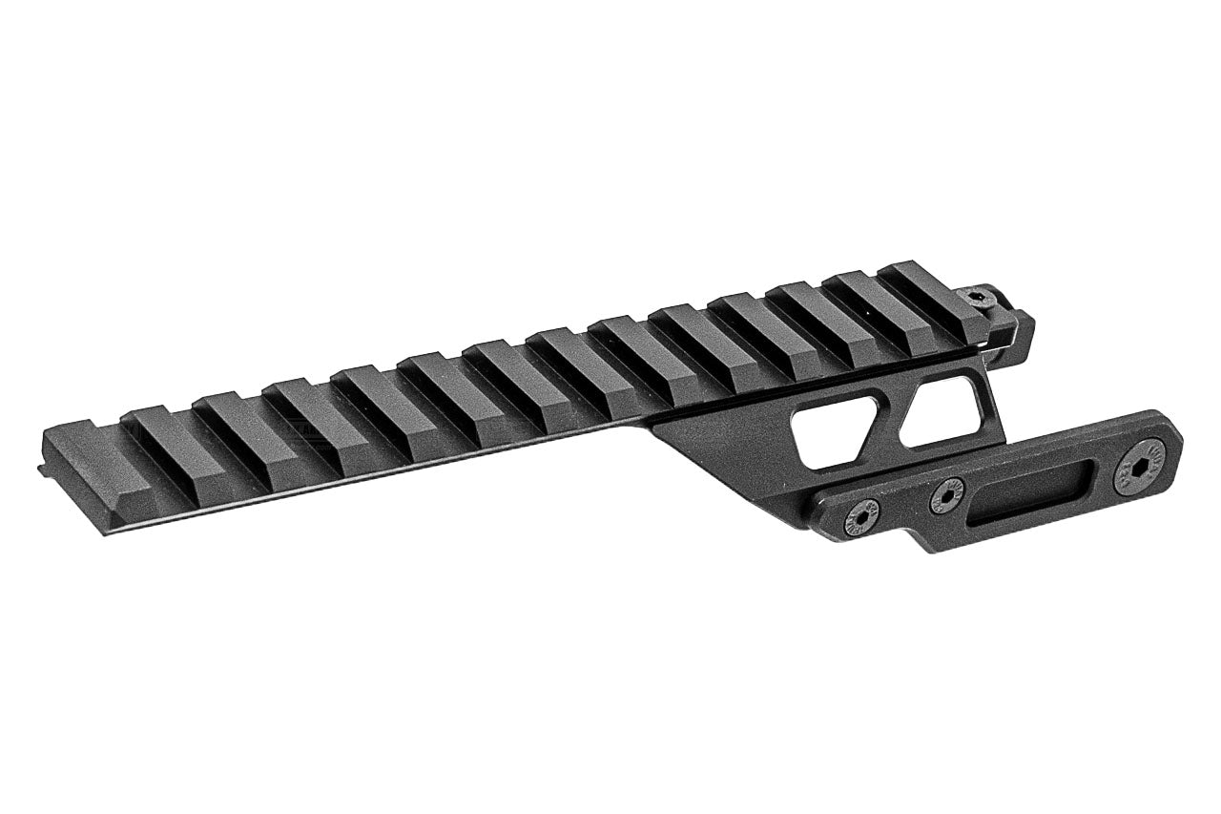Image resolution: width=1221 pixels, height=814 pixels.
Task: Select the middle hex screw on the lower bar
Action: [x=946, y=494]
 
